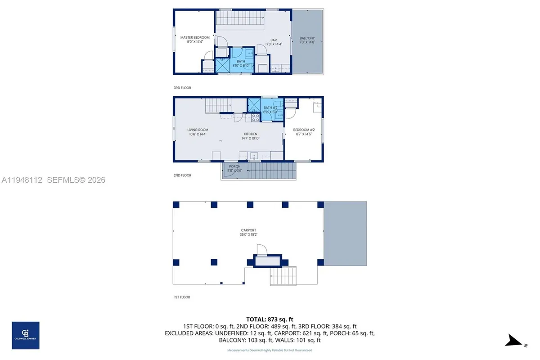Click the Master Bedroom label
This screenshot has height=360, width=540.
point(195,40)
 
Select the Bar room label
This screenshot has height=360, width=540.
point(274,42)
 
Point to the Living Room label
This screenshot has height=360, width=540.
point(198,132)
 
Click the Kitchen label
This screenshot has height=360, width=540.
point(251,136)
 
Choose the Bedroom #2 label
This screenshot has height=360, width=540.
point(304,132)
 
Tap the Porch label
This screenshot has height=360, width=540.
point(235,168)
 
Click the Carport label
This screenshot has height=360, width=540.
point(248,232)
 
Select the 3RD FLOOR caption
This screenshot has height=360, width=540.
point(182,88)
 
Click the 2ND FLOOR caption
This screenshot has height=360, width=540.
point(182,175)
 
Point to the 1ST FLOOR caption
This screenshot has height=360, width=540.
point(182,297)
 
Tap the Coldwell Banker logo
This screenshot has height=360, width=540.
point(25,335)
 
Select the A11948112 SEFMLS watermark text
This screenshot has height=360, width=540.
point(53,180)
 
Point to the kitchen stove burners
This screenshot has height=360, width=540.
point(255,117)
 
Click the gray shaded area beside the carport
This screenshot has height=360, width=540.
point(345,233)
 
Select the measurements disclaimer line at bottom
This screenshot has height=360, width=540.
point(270,350)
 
